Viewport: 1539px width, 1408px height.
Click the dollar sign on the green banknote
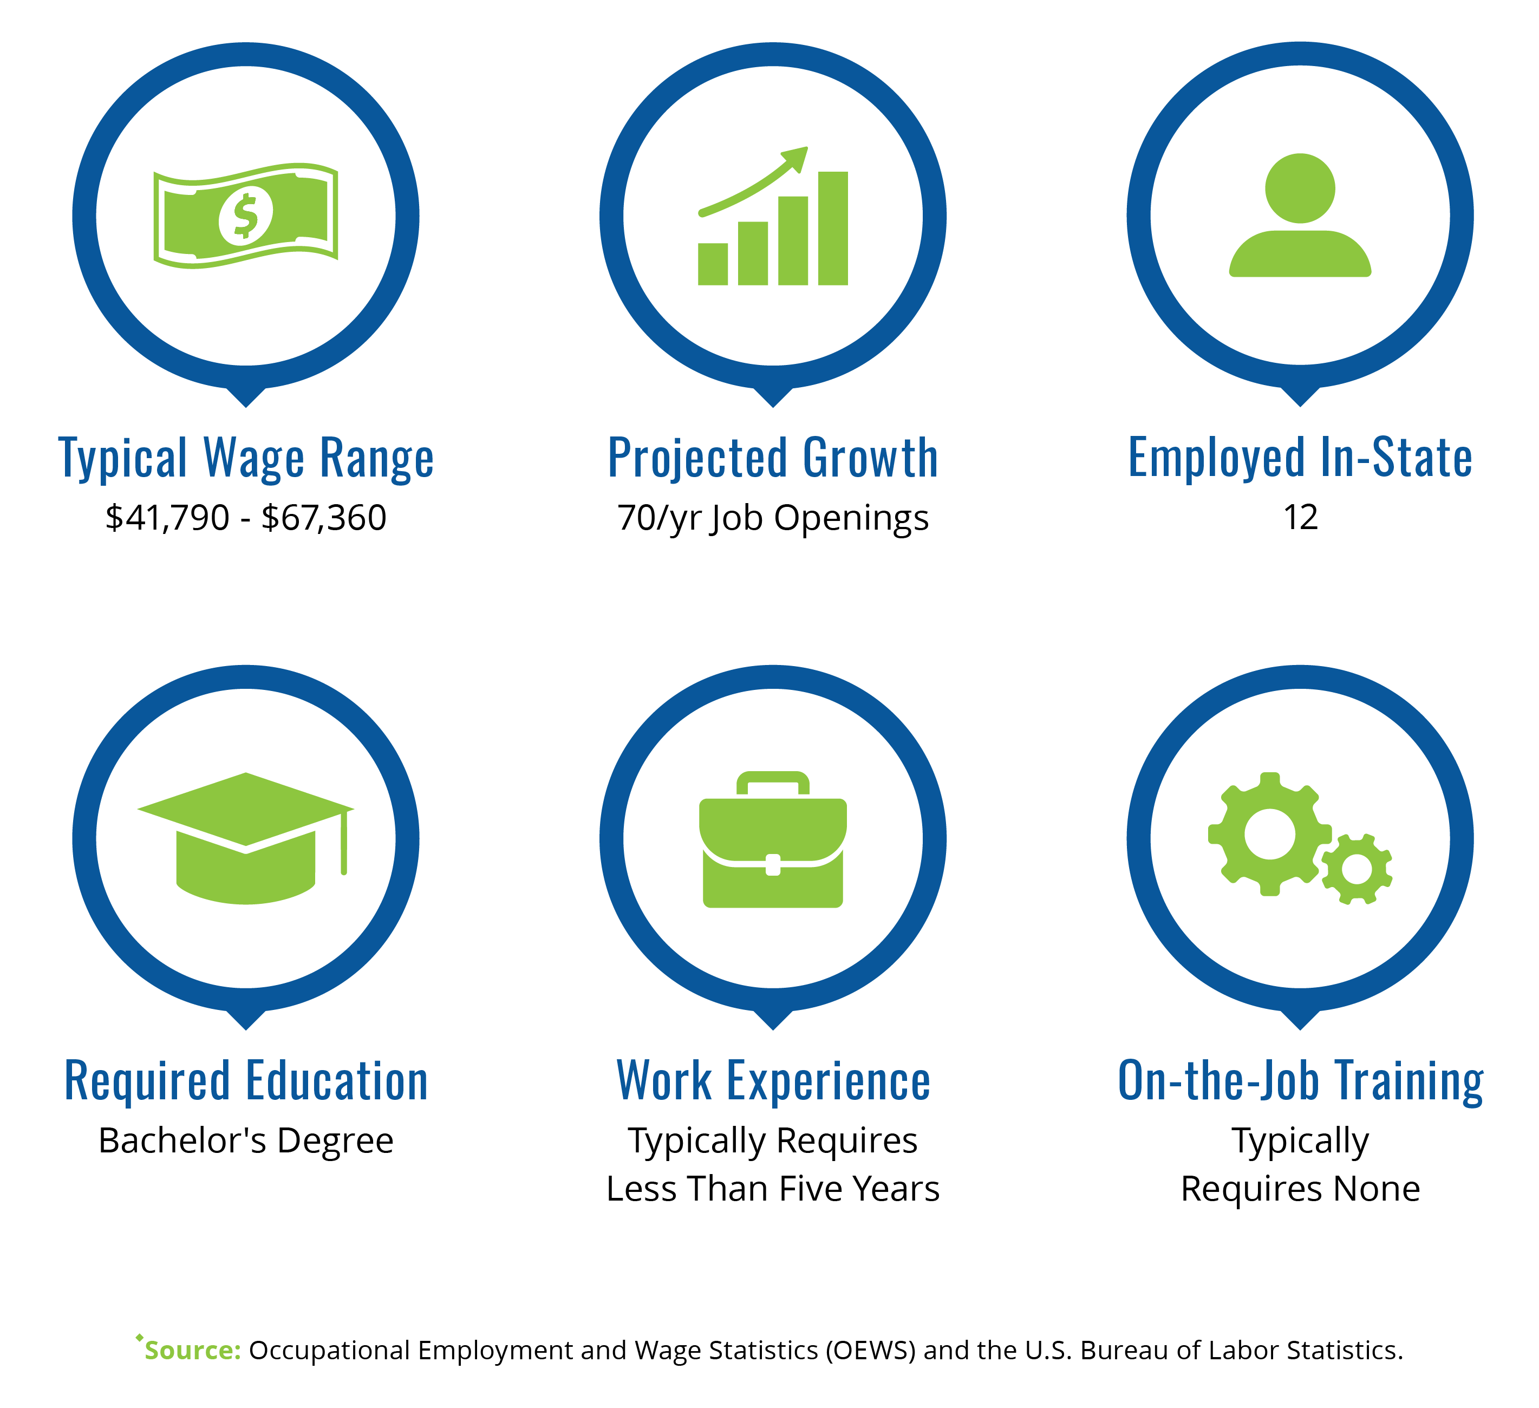click(x=245, y=216)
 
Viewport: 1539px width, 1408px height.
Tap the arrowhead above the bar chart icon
click(x=796, y=158)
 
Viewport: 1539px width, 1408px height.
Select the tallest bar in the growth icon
click(x=833, y=229)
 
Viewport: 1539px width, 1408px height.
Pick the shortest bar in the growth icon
click(x=713, y=264)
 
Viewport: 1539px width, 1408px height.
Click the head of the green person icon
click(x=1300, y=188)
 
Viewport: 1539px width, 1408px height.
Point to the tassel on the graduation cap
click(x=344, y=842)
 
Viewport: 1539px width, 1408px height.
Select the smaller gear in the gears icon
click(x=1357, y=870)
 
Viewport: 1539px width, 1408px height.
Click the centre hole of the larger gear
click(x=1269, y=835)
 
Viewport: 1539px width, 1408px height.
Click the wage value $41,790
click(x=167, y=518)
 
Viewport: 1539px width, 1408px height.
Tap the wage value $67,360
click(x=324, y=518)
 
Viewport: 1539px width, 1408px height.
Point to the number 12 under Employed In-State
click(x=1301, y=518)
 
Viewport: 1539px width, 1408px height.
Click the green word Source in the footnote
click(x=192, y=1350)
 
